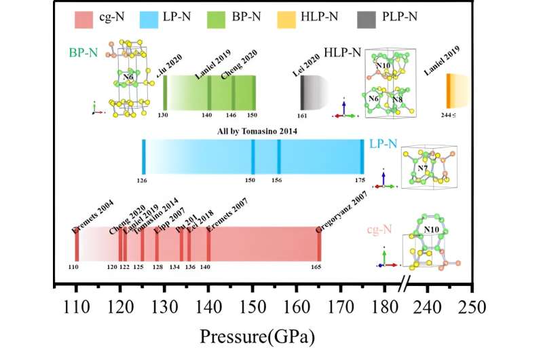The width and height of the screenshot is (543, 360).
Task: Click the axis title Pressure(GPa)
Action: pos(257,336)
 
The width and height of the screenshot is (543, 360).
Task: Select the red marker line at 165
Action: pos(319,243)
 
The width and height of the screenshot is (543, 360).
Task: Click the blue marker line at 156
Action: pos(279,156)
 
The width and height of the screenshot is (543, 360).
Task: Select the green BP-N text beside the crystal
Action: pos(83,52)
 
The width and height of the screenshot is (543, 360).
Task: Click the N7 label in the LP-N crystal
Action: pos(421,167)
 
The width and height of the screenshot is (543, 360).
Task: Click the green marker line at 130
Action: pos(165,92)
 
